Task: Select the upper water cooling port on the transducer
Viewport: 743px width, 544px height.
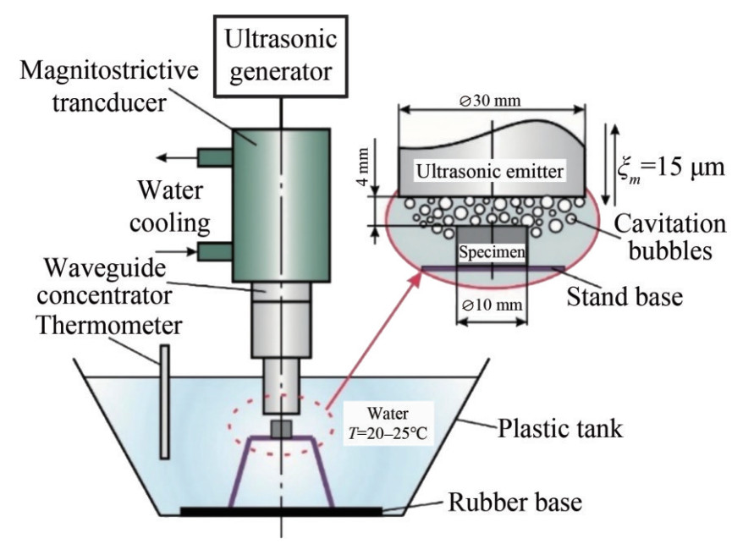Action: [214, 157]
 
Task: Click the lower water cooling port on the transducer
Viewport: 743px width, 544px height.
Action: [214, 251]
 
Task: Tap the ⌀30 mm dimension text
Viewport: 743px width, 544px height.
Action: [491, 101]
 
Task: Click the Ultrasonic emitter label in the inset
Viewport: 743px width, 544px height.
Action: [490, 172]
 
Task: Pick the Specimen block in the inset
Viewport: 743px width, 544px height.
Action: [491, 251]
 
